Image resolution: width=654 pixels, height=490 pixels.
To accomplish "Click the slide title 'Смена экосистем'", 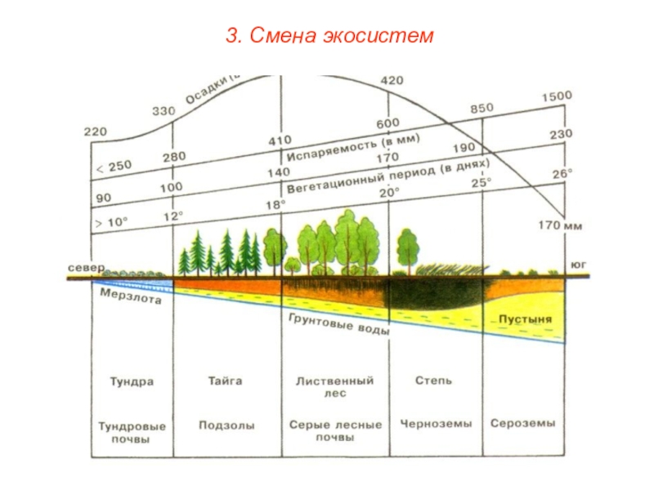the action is (327, 36).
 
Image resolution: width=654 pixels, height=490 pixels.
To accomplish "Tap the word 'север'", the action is (85, 267).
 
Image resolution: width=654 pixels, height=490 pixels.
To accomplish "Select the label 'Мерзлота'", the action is (131, 299).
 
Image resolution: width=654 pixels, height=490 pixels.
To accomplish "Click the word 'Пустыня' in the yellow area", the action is (525, 318).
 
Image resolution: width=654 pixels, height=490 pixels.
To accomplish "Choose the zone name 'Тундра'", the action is (132, 381).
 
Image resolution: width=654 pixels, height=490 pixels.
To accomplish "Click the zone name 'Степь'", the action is (433, 381).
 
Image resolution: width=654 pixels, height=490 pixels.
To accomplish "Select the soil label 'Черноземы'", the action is (436, 425).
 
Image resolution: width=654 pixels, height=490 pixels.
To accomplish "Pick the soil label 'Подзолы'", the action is (226, 425).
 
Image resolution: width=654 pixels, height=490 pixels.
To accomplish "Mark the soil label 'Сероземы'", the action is (523, 425).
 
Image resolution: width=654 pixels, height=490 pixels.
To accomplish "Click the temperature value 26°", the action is (562, 174).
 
